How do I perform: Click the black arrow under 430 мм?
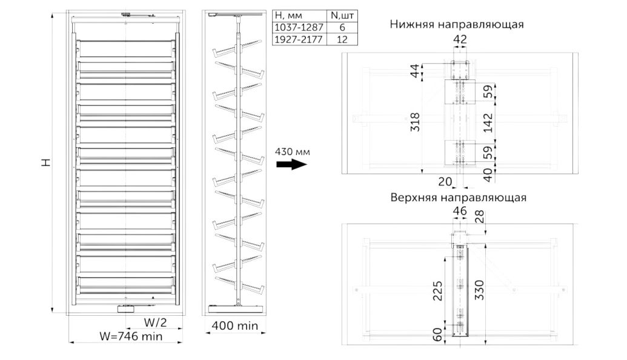(x=292, y=164)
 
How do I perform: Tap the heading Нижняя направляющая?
(x=457, y=24)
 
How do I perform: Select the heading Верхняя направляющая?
(x=458, y=198)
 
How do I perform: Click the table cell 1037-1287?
(x=299, y=28)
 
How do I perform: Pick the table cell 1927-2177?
(x=299, y=39)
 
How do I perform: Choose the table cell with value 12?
(x=342, y=39)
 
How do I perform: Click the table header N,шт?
(x=342, y=16)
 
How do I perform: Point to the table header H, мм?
(x=288, y=16)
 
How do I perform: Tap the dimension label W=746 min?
(x=131, y=336)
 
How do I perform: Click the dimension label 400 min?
(x=234, y=325)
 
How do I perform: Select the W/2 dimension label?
(x=155, y=322)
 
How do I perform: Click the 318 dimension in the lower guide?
(x=416, y=122)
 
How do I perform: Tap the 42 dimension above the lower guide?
(x=460, y=39)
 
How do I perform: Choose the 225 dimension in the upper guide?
(x=438, y=291)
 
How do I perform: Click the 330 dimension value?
(x=479, y=290)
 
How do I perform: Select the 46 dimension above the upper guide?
(x=459, y=210)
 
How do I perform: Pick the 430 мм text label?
(x=293, y=152)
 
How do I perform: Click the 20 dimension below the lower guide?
(x=445, y=182)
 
